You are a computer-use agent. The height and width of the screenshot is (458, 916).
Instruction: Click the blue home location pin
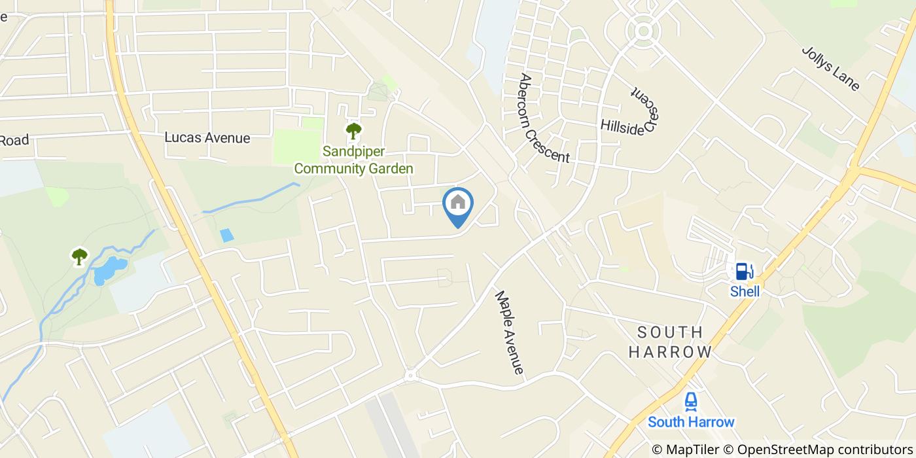458,205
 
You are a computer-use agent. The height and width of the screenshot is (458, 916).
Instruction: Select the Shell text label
745,291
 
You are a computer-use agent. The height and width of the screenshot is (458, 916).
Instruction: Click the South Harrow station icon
691,401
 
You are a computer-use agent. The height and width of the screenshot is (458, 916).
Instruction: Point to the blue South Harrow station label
691,422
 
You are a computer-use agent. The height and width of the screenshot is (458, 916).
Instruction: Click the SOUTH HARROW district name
670,342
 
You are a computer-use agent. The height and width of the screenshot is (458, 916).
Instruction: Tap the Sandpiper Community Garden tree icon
353,131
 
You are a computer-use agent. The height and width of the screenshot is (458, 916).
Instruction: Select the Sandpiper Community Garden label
353,160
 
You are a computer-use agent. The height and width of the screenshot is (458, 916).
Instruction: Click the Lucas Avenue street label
207,138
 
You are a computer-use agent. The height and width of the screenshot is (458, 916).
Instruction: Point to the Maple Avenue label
510,332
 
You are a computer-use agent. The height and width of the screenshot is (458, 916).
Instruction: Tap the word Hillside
622,127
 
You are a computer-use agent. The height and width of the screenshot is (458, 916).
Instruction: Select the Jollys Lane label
830,68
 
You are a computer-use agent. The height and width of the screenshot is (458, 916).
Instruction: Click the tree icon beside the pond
79,256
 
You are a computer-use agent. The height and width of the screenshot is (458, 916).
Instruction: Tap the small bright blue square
226,236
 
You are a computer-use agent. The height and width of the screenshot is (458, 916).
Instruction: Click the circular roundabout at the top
643,30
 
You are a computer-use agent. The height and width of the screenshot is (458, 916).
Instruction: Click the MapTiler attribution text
685,449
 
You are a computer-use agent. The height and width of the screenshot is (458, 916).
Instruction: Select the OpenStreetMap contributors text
822,449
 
